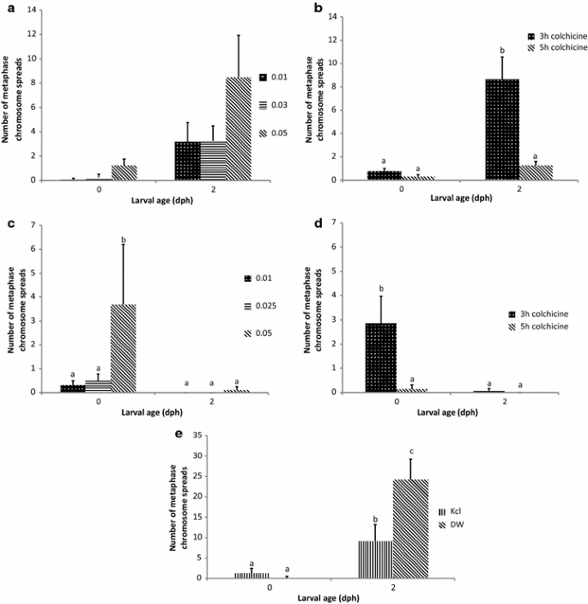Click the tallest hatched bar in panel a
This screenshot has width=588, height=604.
[x=238, y=129]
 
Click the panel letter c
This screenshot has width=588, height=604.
[x=9, y=224]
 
